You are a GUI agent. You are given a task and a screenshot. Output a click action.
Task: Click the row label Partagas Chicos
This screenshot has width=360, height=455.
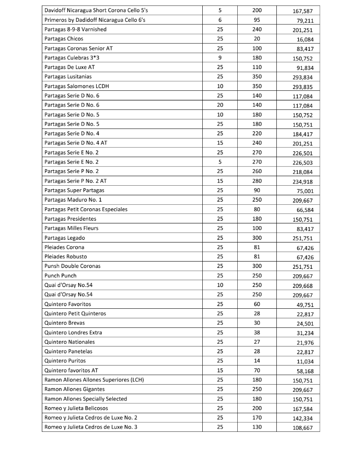(x=64, y=39)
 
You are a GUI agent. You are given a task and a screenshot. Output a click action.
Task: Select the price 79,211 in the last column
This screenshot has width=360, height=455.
(x=303, y=20)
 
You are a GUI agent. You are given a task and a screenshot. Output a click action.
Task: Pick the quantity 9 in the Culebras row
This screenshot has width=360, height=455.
(x=220, y=58)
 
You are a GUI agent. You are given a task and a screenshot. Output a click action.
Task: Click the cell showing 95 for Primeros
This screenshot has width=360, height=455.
(x=257, y=20)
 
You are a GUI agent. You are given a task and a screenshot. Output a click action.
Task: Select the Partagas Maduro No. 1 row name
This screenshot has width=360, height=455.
(x=73, y=200)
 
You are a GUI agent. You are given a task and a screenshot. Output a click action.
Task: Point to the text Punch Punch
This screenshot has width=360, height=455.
(x=60, y=276)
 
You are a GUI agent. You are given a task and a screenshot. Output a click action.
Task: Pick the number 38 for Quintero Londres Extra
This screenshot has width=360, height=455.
(x=257, y=332)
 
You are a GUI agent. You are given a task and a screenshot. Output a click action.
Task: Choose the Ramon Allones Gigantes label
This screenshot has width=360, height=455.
(x=75, y=389)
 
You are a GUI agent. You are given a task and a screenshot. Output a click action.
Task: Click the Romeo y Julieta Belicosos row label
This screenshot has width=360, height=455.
(x=76, y=408)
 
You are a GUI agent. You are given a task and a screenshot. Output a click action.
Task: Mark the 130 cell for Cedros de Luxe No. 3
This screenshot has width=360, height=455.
(x=257, y=427)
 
